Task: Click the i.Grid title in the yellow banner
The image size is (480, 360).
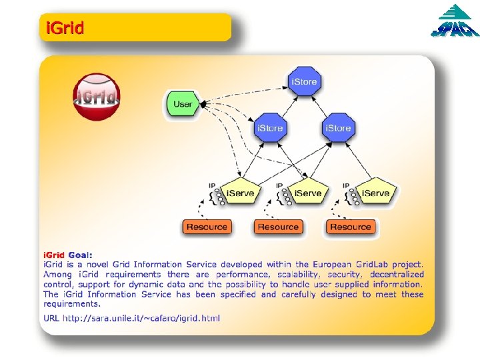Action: coord(65,29)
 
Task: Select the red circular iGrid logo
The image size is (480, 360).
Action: coord(97,97)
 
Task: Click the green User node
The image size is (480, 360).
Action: coord(182,104)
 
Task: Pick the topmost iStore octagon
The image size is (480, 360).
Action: coord(304,81)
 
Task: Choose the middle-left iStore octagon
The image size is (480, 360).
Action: coord(269,127)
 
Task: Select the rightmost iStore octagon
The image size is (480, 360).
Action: coord(337,127)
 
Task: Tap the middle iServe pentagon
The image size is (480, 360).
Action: coord(307,192)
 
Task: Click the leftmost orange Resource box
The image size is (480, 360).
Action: coord(207,227)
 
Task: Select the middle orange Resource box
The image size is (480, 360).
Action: coord(278,227)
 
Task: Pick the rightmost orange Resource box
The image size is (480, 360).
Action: coord(350,227)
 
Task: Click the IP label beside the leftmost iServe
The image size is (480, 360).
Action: coord(212,185)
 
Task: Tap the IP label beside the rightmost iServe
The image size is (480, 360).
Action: coord(346,185)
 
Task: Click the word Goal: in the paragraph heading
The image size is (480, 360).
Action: coord(80,255)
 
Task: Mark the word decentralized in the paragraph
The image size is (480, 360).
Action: coord(397,275)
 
